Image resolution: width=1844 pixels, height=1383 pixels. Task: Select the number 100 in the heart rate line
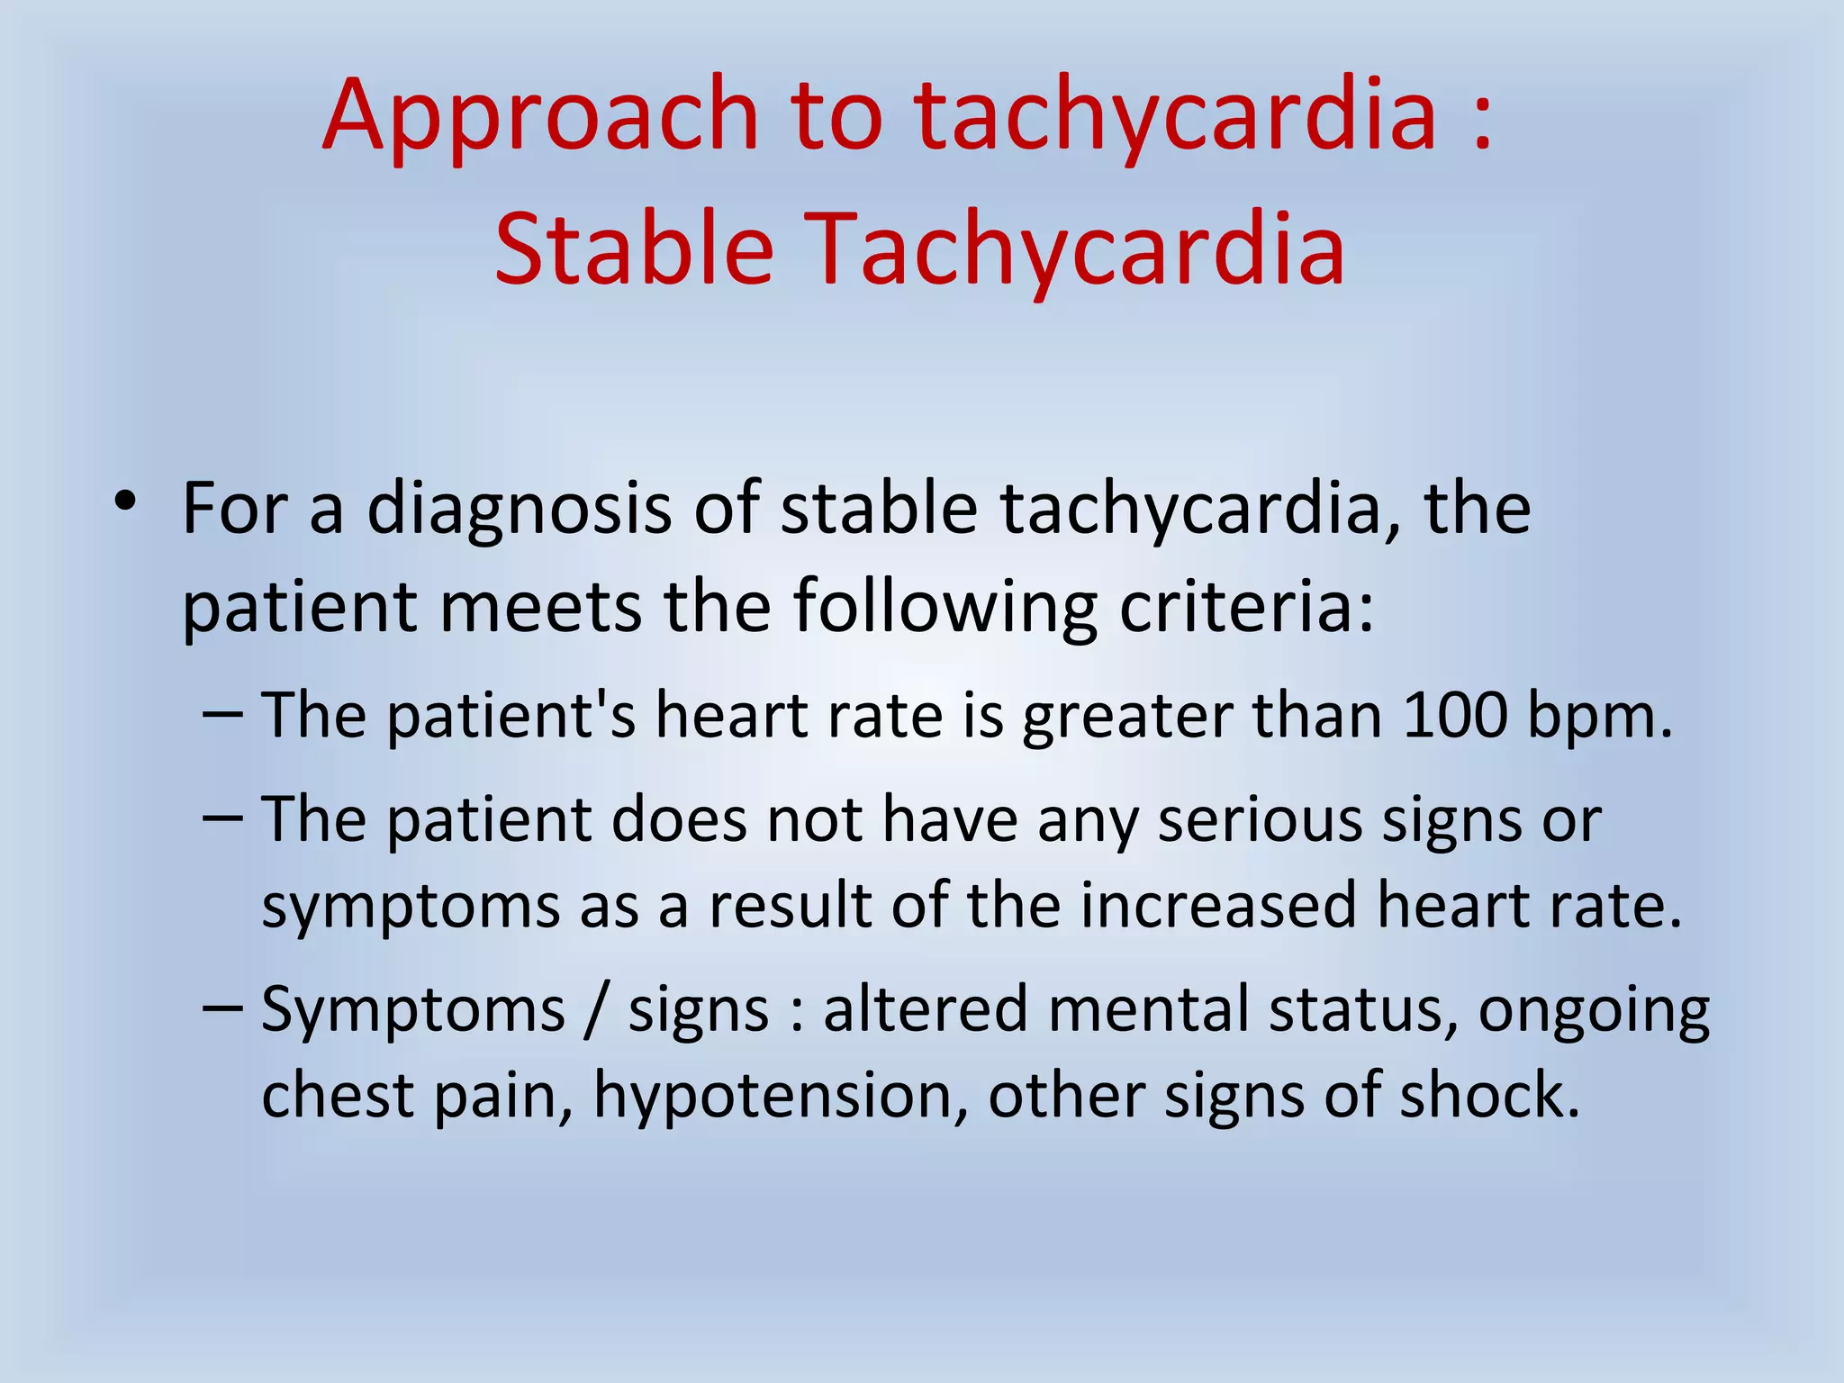(x=1454, y=716)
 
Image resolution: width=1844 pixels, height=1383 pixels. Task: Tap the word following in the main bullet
(x=945, y=606)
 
